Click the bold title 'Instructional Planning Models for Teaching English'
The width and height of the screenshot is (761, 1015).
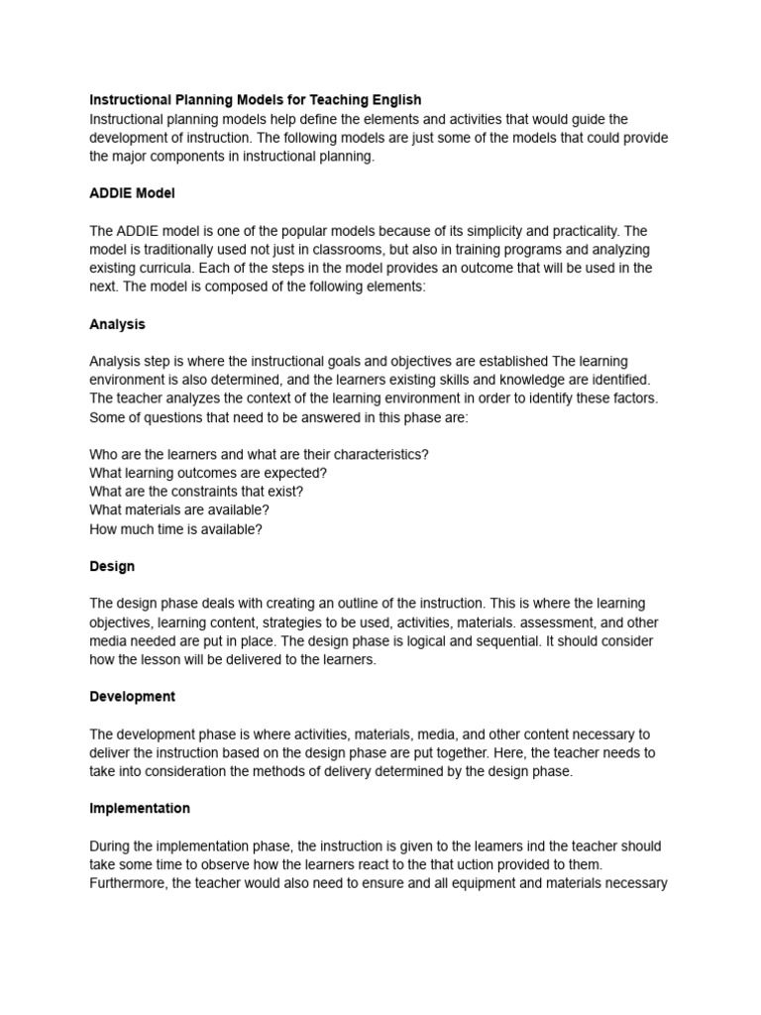tap(255, 100)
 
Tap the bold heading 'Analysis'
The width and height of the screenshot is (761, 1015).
tap(117, 324)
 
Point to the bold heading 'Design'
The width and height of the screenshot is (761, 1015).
tap(112, 567)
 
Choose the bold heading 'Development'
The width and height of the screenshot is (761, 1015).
tap(132, 697)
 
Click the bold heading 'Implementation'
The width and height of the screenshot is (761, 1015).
tap(140, 809)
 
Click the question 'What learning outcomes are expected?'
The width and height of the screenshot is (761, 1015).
tap(208, 473)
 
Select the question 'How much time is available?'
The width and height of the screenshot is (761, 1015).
tap(175, 529)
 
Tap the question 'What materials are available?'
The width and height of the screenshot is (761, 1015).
tap(179, 510)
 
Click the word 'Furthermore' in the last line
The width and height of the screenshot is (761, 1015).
tap(127, 883)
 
